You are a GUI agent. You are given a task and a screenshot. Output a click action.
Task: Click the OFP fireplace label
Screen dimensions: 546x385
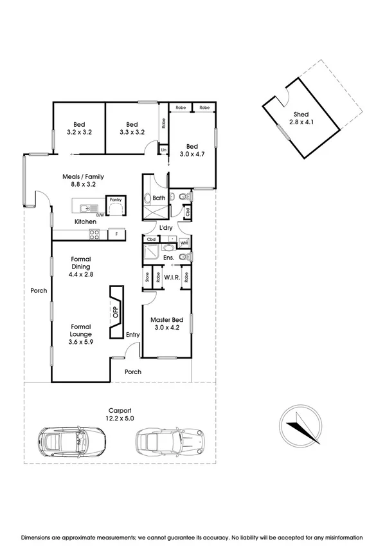pyautogui.click(x=116, y=313)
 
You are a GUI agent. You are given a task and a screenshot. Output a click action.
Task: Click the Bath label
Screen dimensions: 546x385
pyautogui.click(x=160, y=198)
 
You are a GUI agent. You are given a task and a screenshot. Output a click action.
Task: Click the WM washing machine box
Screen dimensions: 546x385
pyautogui.click(x=183, y=243)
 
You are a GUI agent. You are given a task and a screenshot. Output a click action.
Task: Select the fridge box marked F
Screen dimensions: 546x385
pyautogui.click(x=116, y=234)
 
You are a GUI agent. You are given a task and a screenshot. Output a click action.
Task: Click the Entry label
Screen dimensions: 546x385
pyautogui.click(x=133, y=334)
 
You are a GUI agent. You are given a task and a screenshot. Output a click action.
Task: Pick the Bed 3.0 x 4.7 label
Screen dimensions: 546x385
pyautogui.click(x=191, y=150)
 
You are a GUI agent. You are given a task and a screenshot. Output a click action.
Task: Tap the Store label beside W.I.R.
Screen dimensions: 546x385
pyautogui.click(x=147, y=278)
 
